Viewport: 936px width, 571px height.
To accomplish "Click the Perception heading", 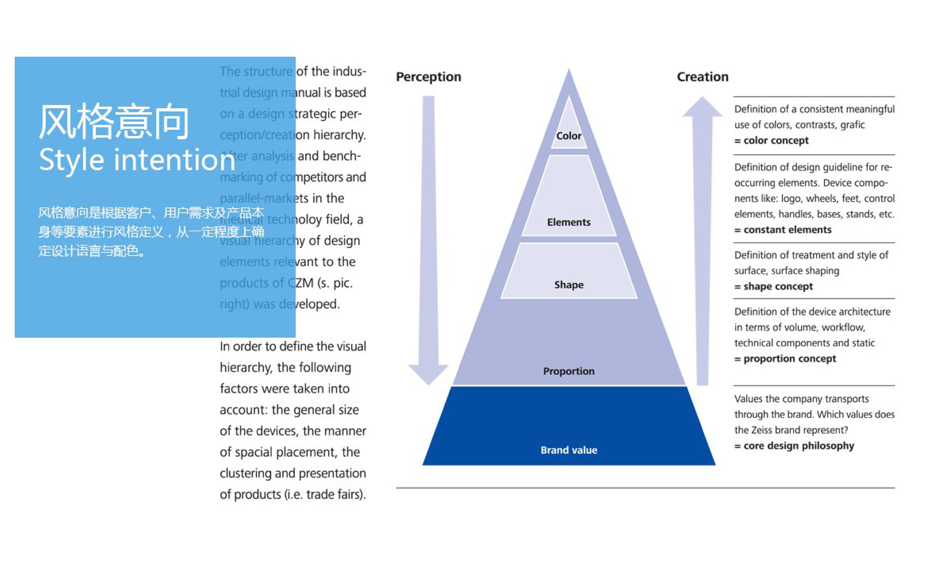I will pos(429,77).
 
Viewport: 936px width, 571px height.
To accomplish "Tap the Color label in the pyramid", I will pos(569,136).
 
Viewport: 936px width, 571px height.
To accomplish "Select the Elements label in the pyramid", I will pos(569,222).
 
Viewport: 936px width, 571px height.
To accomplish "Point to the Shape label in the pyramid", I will pos(569,285).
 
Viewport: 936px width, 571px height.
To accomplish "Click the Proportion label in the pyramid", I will pos(569,371).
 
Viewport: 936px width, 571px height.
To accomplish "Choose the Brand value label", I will pos(569,450).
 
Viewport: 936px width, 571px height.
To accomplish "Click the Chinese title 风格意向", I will pos(114,122).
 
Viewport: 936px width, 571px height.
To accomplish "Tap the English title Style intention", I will pos(137,160).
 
